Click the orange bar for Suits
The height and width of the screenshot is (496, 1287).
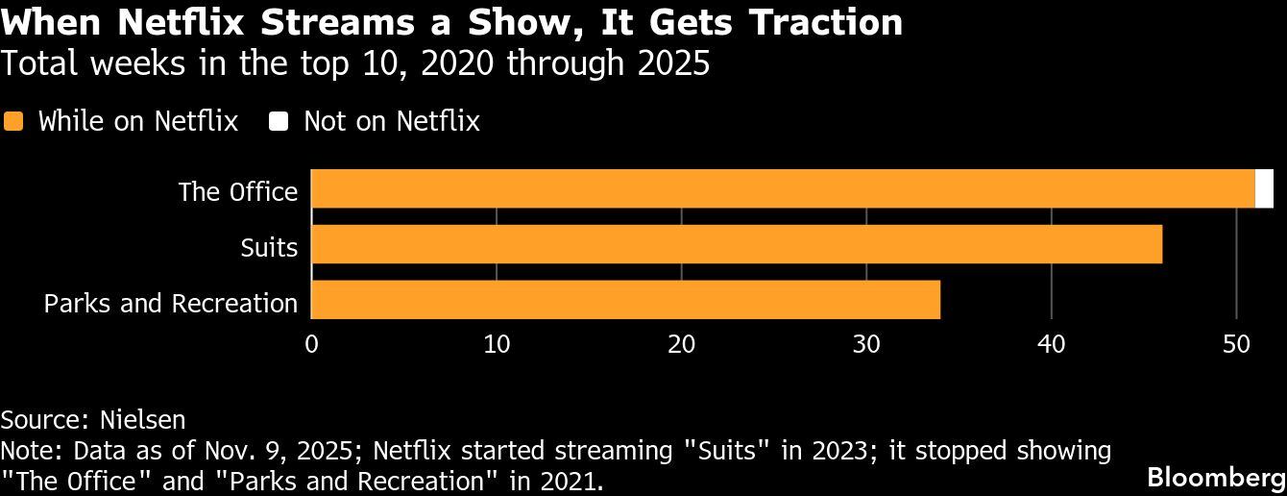click(737, 244)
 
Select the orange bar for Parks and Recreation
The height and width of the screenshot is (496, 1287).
click(625, 300)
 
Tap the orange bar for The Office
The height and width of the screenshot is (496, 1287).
click(783, 188)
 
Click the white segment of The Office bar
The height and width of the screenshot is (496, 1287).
click(1264, 188)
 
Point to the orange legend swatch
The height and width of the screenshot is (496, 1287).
click(13, 121)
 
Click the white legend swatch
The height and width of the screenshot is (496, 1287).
click(279, 121)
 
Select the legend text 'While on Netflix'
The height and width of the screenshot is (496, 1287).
click(137, 121)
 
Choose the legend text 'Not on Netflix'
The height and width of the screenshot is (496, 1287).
click(391, 121)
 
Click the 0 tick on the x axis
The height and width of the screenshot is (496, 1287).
click(311, 343)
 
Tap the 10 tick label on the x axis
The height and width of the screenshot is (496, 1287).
click(497, 343)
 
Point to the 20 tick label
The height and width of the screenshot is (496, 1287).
click(682, 343)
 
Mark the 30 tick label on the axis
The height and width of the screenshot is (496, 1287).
click(866, 343)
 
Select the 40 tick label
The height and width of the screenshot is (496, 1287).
click(1052, 343)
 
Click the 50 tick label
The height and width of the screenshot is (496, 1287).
click(1236, 343)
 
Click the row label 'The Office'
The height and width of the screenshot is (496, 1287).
click(238, 191)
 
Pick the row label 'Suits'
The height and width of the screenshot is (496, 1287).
click(269, 247)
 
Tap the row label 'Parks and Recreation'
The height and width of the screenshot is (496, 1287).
click(171, 303)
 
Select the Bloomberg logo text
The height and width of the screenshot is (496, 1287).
click(1217, 478)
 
